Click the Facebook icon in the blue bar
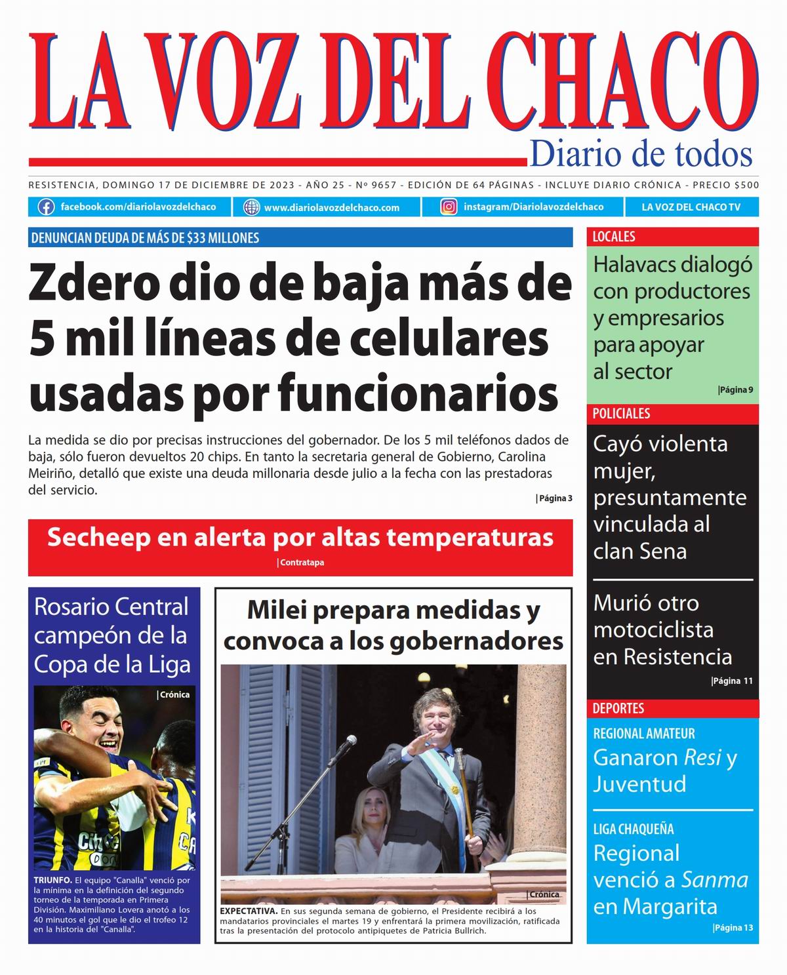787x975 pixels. tap(46, 207)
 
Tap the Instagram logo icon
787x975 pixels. tap(449, 207)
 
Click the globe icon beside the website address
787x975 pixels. tap(251, 207)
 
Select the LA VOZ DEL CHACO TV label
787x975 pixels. tap(691, 207)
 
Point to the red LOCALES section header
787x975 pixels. tap(614, 237)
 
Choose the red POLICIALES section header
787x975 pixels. tap(621, 414)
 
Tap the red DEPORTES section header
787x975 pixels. tap(618, 708)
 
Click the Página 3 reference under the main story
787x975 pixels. tap(554, 498)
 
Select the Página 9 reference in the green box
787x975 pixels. tap(735, 390)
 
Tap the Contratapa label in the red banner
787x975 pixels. tap(301, 563)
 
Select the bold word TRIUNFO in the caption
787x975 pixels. tap(52, 880)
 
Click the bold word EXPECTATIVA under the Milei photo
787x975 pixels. tap(248, 911)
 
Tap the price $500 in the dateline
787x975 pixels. tap(746, 185)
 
